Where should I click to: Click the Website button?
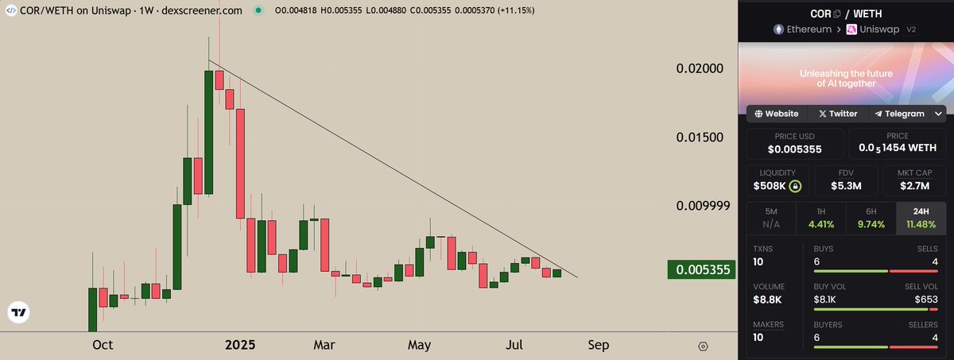click(x=776, y=114)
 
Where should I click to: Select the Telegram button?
click(x=898, y=114)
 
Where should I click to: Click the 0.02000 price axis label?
click(x=700, y=69)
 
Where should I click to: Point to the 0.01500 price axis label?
click(x=700, y=137)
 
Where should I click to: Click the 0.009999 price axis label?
click(x=703, y=206)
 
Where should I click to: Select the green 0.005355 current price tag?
click(x=699, y=270)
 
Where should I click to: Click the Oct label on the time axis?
click(x=103, y=345)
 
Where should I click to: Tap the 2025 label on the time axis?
click(x=240, y=345)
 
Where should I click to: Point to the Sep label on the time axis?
click(x=599, y=345)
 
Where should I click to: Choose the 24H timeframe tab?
click(x=921, y=219)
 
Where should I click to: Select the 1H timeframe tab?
click(x=820, y=219)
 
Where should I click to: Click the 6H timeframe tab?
click(x=871, y=219)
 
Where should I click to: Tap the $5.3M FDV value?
click(x=845, y=186)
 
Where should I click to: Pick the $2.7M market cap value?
click(x=921, y=186)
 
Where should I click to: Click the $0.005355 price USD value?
click(x=795, y=149)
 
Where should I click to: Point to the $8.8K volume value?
click(x=768, y=300)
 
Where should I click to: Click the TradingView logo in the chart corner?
click(x=18, y=312)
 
